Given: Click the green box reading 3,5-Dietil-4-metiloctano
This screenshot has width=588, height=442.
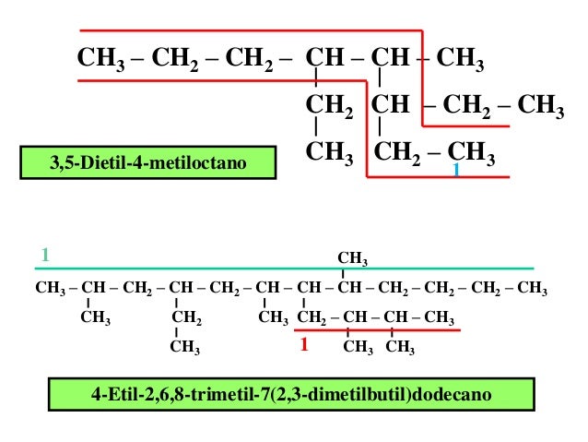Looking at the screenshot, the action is [148, 162].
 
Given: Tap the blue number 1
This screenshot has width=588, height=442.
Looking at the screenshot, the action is [455, 172].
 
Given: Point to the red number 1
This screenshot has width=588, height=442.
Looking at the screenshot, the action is [302, 346].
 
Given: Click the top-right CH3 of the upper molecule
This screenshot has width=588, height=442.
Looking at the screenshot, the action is [461, 62].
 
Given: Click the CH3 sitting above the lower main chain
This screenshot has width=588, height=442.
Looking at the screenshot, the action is [352, 257].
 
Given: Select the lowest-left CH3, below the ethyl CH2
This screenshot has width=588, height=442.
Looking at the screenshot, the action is [186, 348].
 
